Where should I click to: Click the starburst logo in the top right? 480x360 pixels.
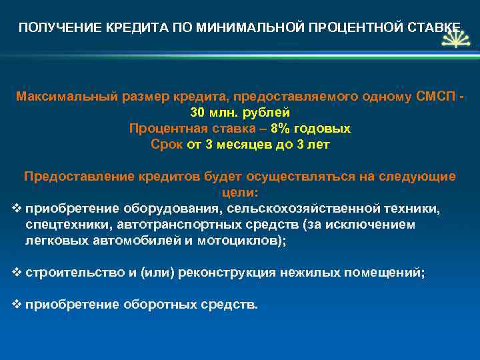[455, 41]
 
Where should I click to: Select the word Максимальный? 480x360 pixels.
[67, 97]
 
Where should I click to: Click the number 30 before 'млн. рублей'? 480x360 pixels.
[198, 113]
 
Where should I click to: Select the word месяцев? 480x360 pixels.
[238, 144]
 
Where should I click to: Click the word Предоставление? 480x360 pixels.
[80, 177]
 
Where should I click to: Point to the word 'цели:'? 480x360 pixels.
[239, 193]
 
